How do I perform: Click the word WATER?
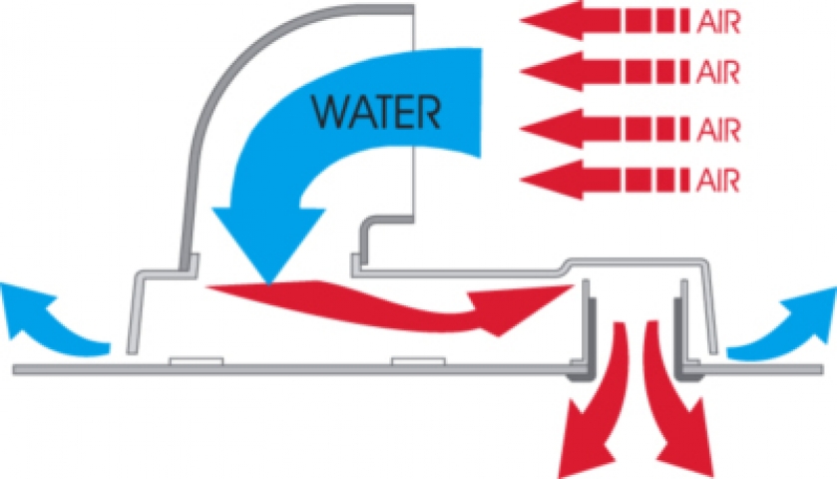(x=362, y=110)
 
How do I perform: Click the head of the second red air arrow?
(x=547, y=71)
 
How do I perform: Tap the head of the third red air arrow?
(x=547, y=130)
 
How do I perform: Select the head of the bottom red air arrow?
(x=547, y=180)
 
